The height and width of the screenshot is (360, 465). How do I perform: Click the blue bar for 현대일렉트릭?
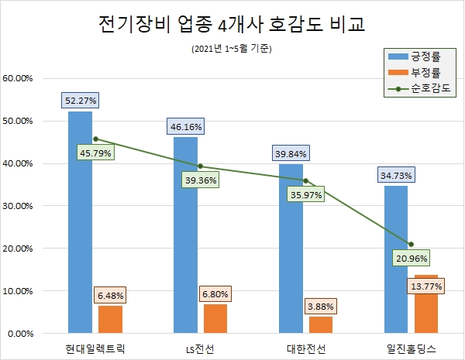tap(80, 225)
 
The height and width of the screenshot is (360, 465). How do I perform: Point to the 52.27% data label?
tap(81, 100)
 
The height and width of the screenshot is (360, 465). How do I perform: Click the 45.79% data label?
tap(95, 153)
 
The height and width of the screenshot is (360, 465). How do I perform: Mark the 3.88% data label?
tap(320, 307)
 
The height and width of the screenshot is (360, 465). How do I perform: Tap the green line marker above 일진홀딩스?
tap(411, 245)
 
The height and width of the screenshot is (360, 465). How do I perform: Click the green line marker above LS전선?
tap(200, 166)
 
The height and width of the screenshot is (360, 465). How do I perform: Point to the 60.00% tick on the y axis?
tap(18, 78)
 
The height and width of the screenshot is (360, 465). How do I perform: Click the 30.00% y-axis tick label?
tap(18, 206)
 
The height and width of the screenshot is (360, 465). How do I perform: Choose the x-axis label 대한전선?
tap(305, 348)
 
